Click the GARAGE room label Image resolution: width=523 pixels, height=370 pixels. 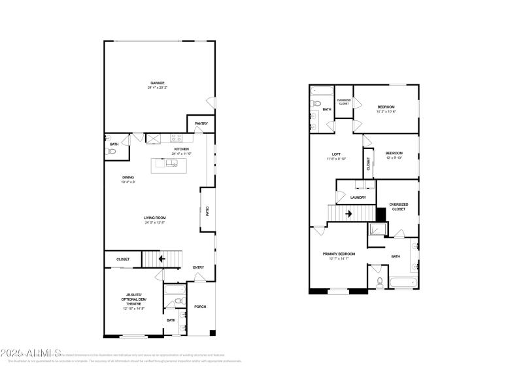158,83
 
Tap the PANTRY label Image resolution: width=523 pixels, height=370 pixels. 201,123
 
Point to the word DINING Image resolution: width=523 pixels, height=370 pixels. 127,177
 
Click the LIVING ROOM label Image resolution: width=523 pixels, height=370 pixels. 155,218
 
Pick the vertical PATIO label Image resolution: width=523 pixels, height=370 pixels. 207,211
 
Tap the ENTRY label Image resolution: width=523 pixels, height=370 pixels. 198,267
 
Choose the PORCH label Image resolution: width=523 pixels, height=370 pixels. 200,307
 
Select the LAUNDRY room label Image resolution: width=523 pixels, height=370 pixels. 358,197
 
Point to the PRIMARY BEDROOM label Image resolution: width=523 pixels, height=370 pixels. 339,254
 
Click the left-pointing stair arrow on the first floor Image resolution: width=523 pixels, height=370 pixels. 161,259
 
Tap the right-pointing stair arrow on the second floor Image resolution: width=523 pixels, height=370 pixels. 348,213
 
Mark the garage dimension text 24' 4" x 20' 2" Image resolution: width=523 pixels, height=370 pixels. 158,88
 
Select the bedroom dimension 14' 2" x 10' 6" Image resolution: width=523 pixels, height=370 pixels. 386,111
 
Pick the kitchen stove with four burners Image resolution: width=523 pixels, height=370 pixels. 176,138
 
